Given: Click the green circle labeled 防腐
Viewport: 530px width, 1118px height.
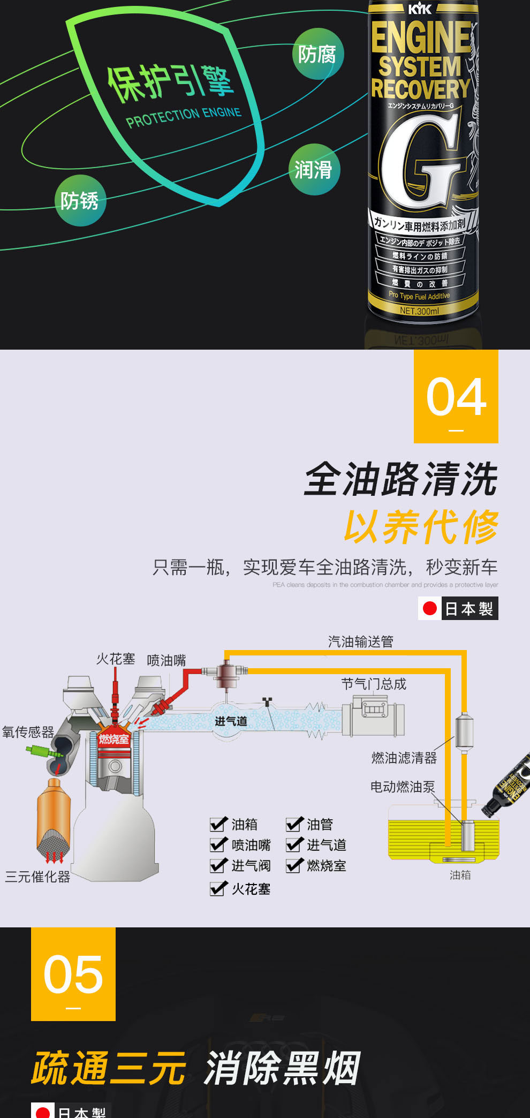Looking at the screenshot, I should coord(318,54).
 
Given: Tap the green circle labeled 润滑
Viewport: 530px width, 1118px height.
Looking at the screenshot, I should coord(314,170).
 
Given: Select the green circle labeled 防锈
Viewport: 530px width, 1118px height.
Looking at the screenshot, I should coord(80,201).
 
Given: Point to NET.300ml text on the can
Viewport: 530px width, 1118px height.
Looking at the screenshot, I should coord(419,311).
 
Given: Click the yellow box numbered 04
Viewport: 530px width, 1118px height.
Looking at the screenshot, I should coord(456,397).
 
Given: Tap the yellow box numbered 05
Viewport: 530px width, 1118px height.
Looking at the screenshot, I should coord(73,974).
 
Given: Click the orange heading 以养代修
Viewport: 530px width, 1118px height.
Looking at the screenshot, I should coord(421,527).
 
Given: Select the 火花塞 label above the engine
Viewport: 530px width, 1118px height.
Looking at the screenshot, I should coord(116,659).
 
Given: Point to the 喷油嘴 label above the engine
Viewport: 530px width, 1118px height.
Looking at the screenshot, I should coord(166,661).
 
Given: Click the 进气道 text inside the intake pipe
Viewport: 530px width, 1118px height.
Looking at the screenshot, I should coord(231,721).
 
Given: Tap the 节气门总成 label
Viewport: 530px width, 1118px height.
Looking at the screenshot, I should coord(374,684).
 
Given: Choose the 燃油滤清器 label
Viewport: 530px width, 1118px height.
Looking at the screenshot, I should coord(404,758).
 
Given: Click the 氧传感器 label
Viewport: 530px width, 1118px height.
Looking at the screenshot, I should coord(28,732).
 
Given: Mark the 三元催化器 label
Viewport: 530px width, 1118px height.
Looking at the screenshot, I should coord(37,877).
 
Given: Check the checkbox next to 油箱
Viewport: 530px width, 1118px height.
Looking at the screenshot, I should coord(218,824).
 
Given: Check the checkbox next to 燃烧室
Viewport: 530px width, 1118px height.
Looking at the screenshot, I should coord(294,865).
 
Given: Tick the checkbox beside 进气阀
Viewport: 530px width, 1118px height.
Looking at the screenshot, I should coord(218,865).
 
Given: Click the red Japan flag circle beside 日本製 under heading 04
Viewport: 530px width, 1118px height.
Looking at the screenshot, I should coord(430,608).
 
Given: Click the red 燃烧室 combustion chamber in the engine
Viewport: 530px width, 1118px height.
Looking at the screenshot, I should coord(113,739).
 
